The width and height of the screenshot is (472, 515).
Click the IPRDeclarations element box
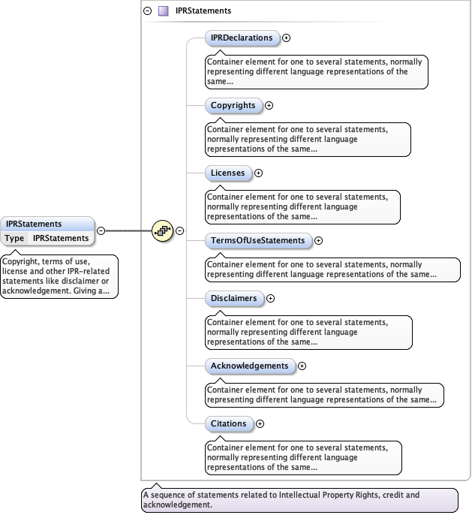point(242,38)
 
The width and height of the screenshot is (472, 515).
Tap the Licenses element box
point(228,173)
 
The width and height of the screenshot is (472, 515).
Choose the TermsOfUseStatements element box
point(258,241)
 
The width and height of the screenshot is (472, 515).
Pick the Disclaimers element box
point(234,298)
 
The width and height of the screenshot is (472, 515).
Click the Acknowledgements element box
point(250,366)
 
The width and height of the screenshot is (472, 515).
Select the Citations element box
point(229,424)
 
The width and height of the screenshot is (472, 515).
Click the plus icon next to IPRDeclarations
point(286,38)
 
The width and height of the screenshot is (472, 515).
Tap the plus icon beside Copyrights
point(269,106)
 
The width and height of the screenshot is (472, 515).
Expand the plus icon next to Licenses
point(258,173)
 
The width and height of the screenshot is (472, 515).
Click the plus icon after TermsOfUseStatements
point(318,241)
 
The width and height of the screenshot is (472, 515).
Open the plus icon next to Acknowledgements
point(302,366)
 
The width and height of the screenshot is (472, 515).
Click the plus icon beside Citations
point(260,424)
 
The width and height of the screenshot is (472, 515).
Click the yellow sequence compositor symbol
point(162,230)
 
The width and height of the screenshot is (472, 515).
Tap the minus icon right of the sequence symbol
point(180,230)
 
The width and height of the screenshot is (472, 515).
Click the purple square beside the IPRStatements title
point(163,11)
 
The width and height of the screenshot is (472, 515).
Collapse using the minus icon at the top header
point(148,11)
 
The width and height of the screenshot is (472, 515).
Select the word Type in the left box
point(15,238)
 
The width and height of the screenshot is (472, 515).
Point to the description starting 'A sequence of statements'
point(299,500)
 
